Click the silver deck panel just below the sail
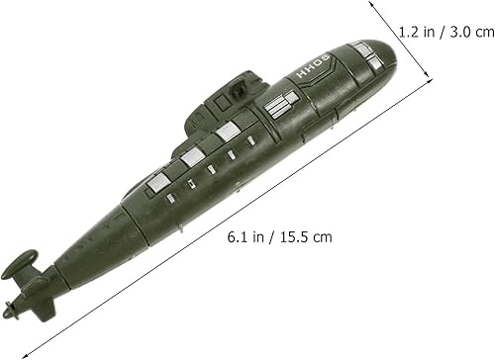(228, 130)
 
